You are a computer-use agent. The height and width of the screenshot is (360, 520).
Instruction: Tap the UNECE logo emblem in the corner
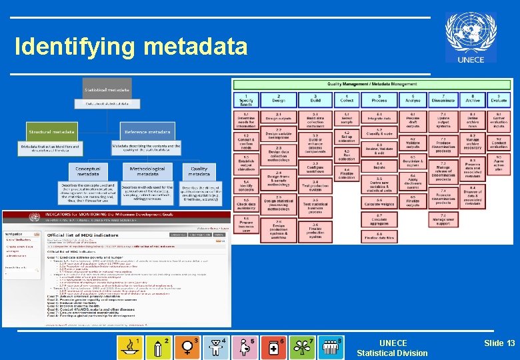[471, 37]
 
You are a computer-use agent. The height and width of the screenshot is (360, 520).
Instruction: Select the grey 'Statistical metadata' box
[106, 89]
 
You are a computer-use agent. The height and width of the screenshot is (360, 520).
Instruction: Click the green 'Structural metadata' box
[53, 131]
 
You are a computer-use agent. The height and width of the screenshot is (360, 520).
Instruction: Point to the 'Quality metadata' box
[199, 171]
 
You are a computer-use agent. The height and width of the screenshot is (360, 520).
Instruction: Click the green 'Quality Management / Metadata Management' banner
[372, 84]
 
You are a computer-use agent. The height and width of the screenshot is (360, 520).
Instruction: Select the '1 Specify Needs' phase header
[245, 99]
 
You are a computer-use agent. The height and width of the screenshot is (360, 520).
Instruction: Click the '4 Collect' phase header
[347, 99]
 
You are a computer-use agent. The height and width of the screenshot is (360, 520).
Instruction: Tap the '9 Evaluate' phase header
[499, 99]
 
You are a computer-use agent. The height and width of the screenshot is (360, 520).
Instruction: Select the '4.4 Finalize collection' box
[347, 173]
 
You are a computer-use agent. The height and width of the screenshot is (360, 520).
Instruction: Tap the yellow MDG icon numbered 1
[129, 347]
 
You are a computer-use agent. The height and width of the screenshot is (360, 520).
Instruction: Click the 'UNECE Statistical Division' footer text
[392, 348]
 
